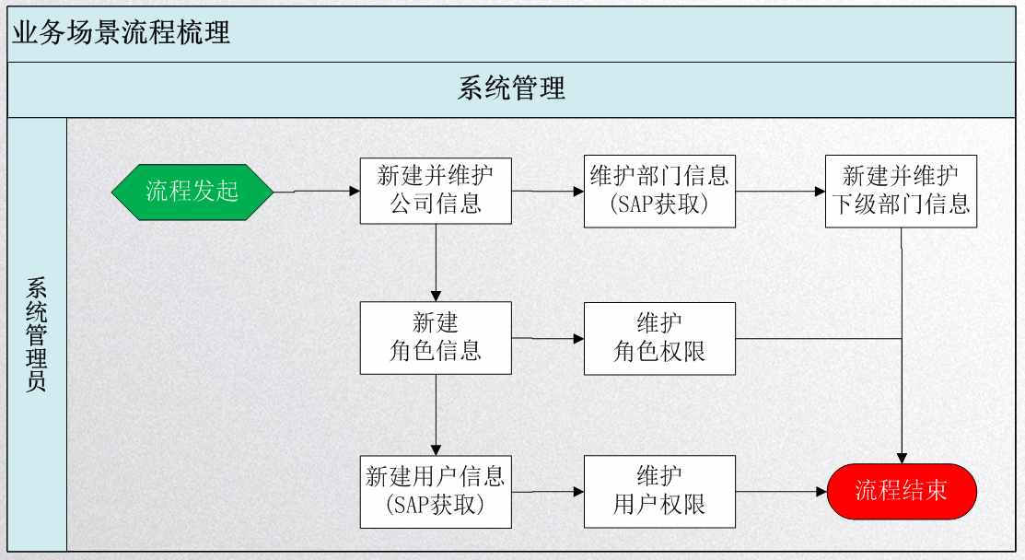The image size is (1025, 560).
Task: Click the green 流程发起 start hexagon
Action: coord(192,192)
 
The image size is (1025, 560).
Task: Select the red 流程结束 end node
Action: coord(902,492)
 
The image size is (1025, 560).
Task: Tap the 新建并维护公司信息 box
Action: coord(436,191)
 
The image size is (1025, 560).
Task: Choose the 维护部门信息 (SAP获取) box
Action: coord(659,191)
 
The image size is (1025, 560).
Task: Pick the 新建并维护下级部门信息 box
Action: coord(901,191)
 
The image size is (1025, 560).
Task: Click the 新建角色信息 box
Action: coord(436,338)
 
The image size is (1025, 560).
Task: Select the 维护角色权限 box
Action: coord(659,338)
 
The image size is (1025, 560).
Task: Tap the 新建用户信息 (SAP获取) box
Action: coord(436,492)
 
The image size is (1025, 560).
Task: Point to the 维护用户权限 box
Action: coord(659,492)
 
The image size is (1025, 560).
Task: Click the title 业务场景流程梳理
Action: coord(122,32)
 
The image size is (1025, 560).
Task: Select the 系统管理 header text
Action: coord(511,88)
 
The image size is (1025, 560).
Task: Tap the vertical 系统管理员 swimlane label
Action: coord(37,334)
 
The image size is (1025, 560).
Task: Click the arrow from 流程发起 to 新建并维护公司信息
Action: coord(317,192)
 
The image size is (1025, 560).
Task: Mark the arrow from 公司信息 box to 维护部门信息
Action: coord(548,192)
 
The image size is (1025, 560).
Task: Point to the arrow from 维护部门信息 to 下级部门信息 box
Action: coord(781,192)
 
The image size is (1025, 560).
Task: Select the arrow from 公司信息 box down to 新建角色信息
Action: coord(436,262)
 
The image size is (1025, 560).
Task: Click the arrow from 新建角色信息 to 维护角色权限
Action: coord(548,338)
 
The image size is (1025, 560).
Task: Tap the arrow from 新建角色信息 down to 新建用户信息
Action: coord(436,415)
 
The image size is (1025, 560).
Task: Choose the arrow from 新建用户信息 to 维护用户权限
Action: coord(548,492)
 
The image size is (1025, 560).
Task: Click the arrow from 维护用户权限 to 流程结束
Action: coord(782,492)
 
